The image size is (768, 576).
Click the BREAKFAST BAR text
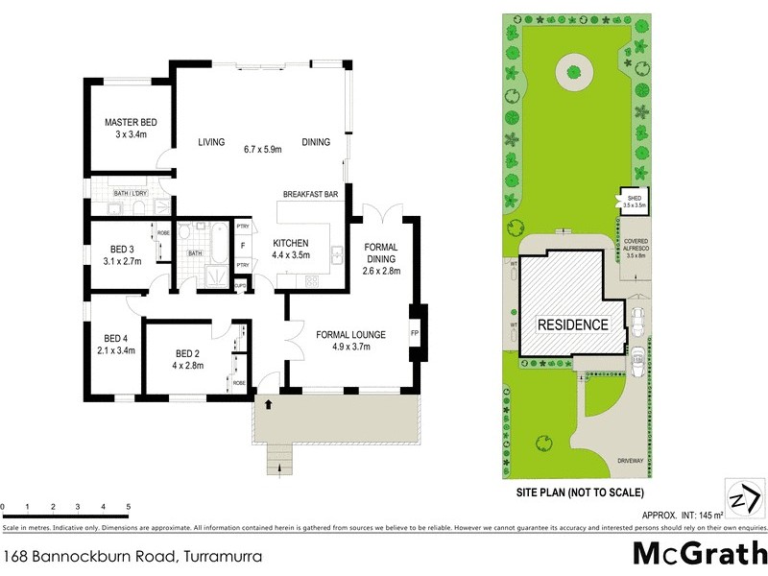pyautogui.click(x=310, y=195)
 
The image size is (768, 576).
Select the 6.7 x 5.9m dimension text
pyautogui.click(x=262, y=149)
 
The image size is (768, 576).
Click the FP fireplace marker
pyautogui.click(x=416, y=334)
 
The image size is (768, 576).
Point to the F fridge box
pyautogui.click(x=242, y=245)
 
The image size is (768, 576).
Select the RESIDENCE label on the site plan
pyautogui.click(x=572, y=324)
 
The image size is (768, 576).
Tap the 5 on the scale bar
pyautogui.click(x=128, y=507)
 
